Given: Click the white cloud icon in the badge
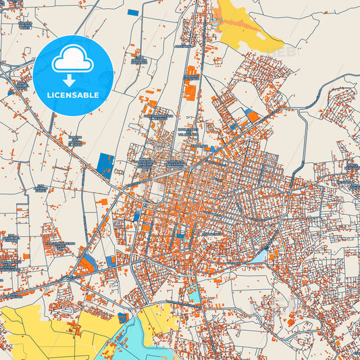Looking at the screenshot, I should [x=72, y=61].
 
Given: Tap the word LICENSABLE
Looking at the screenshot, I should [x=72, y=95].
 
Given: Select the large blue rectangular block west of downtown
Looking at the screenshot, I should [x=105, y=164].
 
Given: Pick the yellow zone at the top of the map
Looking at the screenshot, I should [x=236, y=27].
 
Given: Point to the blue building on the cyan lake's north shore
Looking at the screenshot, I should [x=123, y=317].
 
